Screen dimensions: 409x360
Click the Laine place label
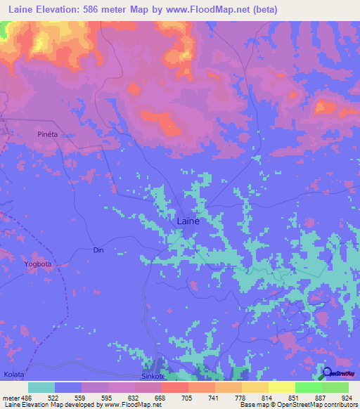188,221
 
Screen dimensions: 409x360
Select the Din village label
98,249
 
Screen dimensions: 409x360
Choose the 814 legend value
265,397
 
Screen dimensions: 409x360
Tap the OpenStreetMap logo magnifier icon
327,372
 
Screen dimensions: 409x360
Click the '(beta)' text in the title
265,9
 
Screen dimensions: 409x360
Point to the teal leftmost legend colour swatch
41,387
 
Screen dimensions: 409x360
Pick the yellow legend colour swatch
282,387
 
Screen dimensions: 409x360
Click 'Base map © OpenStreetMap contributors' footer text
298,405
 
